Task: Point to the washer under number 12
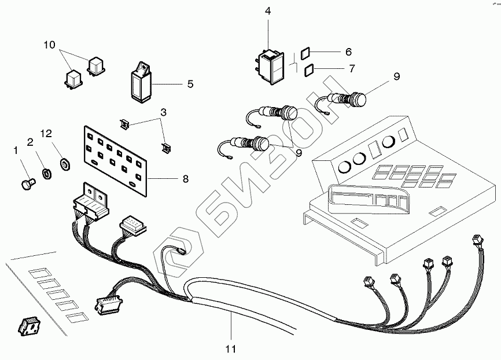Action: [65, 163]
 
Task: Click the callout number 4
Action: [267, 11]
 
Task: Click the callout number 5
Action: [190, 84]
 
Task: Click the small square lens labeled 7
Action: [310, 69]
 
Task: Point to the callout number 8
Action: [185, 179]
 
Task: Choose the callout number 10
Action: [50, 45]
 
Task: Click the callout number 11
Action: [231, 349]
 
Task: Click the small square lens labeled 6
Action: [308, 52]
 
